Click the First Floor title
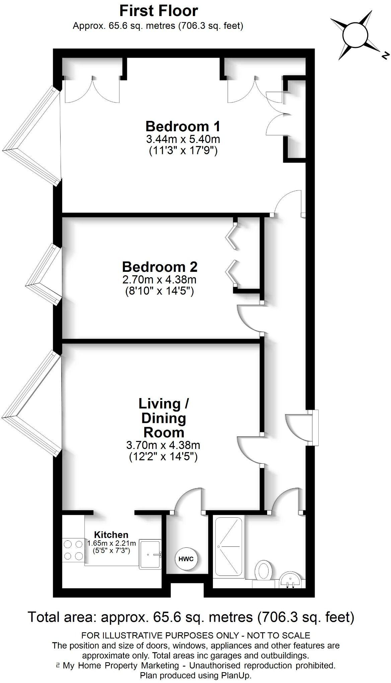click(159, 11)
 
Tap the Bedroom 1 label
click(183, 127)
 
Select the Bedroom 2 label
click(159, 267)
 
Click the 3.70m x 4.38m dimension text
click(163, 445)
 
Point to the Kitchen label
click(111, 535)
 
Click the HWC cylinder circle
click(186, 559)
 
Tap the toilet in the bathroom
click(264, 572)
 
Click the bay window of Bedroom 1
click(32, 136)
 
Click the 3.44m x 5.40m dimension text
click(183, 139)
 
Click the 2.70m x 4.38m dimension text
click(159, 279)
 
